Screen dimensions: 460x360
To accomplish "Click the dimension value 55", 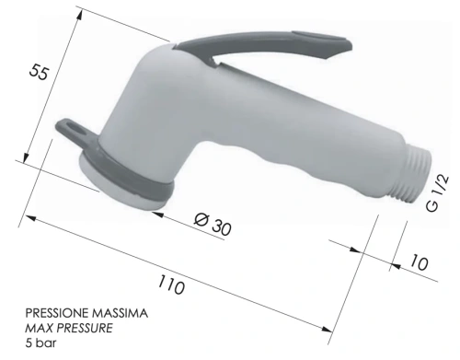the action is [x=39, y=72].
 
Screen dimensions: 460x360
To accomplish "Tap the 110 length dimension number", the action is [x=171, y=285].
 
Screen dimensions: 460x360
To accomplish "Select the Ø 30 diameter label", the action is [x=213, y=224].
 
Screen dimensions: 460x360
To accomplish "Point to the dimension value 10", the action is [x=420, y=262].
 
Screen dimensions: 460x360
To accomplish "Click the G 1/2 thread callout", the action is [x=438, y=193].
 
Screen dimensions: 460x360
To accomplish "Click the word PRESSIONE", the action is [x=57, y=313].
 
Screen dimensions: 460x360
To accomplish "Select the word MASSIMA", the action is [x=121, y=313].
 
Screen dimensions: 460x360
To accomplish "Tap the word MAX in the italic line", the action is [x=40, y=328].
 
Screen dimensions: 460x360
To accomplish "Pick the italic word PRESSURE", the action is [x=86, y=328].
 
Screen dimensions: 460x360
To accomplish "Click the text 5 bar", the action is [x=40, y=343].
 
